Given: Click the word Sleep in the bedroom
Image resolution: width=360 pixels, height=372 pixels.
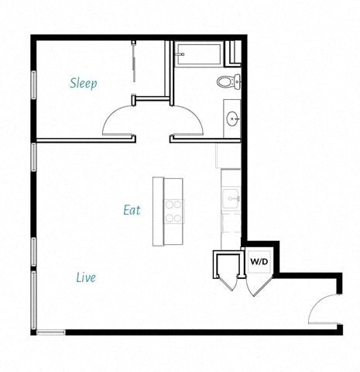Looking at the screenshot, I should click(x=84, y=83).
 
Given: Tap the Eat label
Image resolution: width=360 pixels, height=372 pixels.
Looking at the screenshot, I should click(x=132, y=210).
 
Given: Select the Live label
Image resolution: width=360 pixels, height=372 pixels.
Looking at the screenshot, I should click(x=86, y=277).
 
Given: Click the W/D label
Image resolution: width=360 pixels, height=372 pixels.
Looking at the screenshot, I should click(x=259, y=262).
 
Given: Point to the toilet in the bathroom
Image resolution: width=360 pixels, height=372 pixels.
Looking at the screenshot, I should click(x=227, y=81).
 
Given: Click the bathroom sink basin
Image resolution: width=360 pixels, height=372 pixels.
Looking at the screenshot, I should click(x=232, y=119).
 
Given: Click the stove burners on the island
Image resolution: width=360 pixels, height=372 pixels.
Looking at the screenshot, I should click(x=174, y=212).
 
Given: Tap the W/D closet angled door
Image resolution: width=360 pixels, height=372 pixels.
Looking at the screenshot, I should click(x=256, y=284).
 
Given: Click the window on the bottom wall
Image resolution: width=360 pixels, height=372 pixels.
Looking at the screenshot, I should click(x=51, y=332).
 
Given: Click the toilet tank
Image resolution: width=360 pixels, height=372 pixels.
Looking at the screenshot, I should click(x=237, y=81).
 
